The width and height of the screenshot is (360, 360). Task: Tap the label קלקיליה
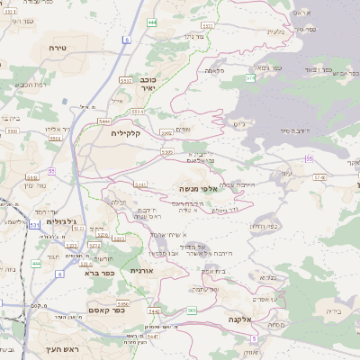pyautogui.click(x=127, y=132)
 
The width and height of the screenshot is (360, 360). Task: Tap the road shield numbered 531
pyautogui.click(x=34, y=225)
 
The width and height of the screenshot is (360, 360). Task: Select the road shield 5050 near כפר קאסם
pyautogui.click(x=123, y=304)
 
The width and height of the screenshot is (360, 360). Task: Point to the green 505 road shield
pyautogui.click(x=192, y=310)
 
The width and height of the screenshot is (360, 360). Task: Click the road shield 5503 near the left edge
pyautogui.click(x=13, y=130)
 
